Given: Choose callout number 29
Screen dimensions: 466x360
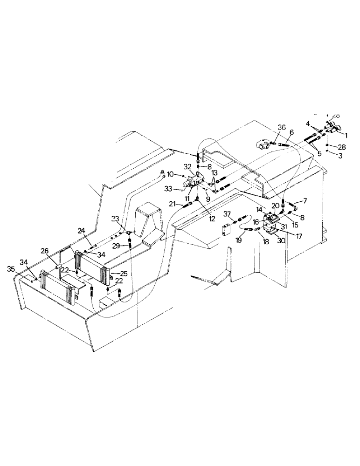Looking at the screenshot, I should point(116,245).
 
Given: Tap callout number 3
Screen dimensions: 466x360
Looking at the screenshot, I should point(340,156).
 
